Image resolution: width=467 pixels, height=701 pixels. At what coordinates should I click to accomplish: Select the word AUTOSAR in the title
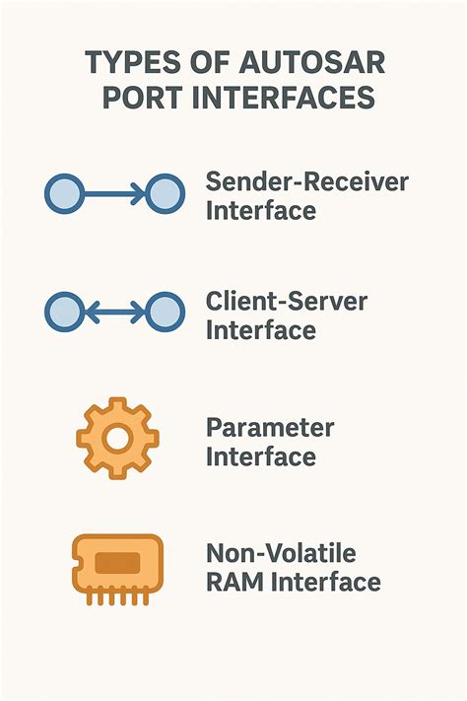(x=305, y=63)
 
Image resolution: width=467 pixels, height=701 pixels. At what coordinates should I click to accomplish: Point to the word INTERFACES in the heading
(x=286, y=100)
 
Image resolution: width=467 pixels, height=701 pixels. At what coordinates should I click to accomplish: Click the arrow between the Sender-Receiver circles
(x=114, y=193)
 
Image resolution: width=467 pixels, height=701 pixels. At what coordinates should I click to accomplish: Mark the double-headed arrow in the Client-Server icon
(x=114, y=312)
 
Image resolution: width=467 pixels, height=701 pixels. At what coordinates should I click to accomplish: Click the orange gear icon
(x=117, y=438)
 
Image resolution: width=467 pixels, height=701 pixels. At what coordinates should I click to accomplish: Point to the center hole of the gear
(x=117, y=438)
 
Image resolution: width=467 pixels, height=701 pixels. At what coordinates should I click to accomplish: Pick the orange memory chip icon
(x=117, y=567)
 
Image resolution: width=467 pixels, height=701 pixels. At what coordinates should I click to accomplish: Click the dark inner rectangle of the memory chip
(x=117, y=563)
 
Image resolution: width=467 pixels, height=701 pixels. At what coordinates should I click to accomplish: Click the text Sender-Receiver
(x=306, y=182)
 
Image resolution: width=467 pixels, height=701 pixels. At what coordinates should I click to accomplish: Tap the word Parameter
(x=270, y=429)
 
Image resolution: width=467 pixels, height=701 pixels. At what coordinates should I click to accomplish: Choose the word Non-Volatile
(x=280, y=552)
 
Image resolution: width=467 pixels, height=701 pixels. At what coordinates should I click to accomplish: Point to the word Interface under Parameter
(x=261, y=457)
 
